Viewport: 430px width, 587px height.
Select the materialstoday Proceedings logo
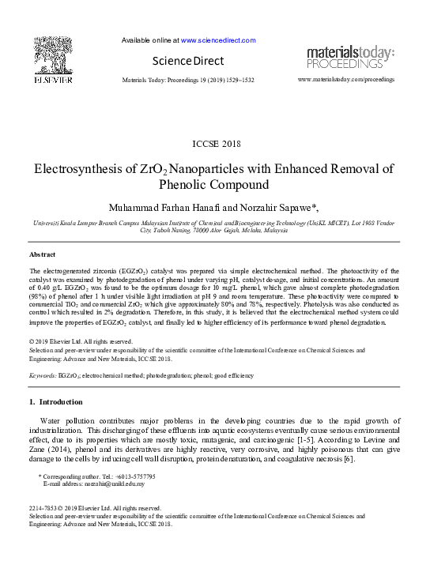350,58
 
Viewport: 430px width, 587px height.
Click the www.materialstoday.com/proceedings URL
346,81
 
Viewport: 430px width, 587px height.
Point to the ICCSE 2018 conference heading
214,143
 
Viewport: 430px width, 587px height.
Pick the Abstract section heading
42,255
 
